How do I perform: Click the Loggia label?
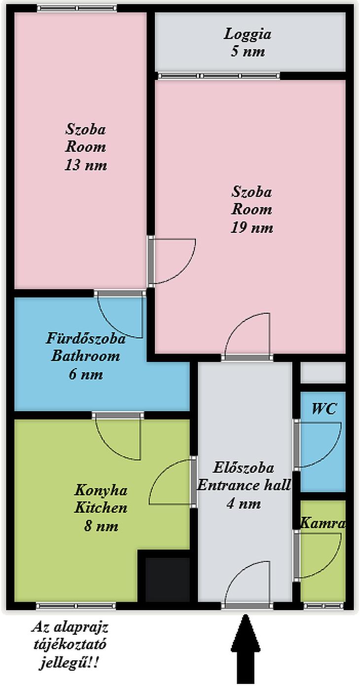[248, 35]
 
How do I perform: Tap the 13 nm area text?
[86, 165]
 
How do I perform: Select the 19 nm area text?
[252, 228]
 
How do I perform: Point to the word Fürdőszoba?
[86, 339]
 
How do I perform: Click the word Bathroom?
[85, 356]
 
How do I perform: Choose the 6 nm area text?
[86, 374]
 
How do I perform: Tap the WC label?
[324, 408]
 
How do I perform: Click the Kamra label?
[323, 523]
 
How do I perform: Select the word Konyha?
[101, 490]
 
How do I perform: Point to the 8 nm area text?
[101, 526]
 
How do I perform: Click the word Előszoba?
[244, 468]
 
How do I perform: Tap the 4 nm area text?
[244, 504]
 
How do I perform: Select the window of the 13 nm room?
[77, 8]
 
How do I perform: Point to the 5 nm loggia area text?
[248, 51]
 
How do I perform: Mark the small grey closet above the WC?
[323, 373]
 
